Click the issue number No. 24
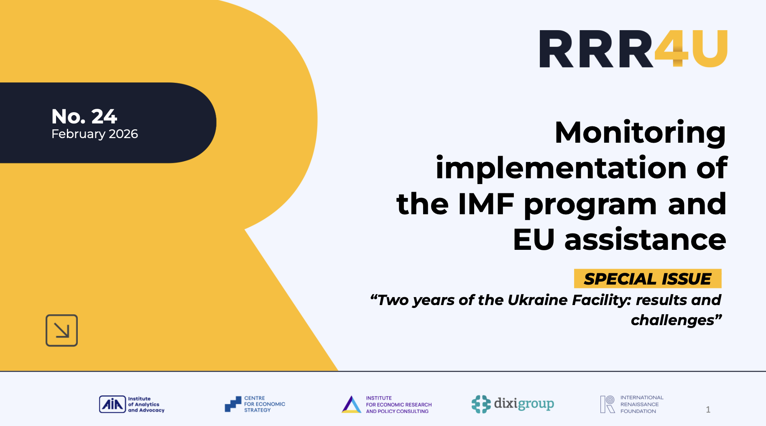pyautogui.click(x=84, y=116)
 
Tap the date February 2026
pyautogui.click(x=94, y=134)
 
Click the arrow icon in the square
pyautogui.click(x=61, y=331)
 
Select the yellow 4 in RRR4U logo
pyautogui.click(x=672, y=49)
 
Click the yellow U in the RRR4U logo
pyautogui.click(x=710, y=49)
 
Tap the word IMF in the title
pyautogui.click(x=486, y=204)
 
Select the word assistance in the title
pyautogui.click(x=645, y=240)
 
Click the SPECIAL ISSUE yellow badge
pyautogui.click(x=647, y=279)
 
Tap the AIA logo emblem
pyautogui.click(x=112, y=404)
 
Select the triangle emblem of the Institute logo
pyautogui.click(x=351, y=405)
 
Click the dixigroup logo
pyautogui.click(x=513, y=404)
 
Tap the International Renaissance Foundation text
pyautogui.click(x=641, y=404)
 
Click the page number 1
pyautogui.click(x=708, y=409)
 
